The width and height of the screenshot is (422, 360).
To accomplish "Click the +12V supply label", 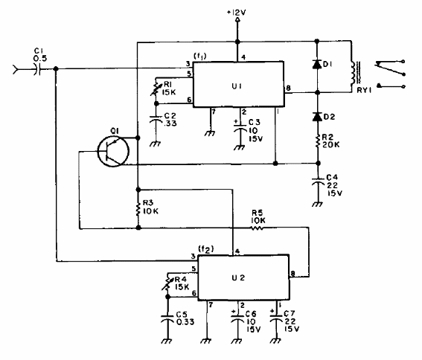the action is tap(236, 13).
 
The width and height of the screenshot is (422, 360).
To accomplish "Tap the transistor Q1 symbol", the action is tap(113, 151).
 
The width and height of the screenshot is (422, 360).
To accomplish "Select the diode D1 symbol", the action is tap(317, 64).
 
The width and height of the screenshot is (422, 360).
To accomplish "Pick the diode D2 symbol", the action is tap(317, 117).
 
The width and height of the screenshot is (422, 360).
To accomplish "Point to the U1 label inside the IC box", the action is tap(237, 86).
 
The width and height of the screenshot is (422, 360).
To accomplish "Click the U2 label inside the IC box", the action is tap(238, 277).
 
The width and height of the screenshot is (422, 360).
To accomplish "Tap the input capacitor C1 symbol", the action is tap(38, 69).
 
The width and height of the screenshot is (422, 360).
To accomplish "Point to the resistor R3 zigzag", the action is tap(138, 209).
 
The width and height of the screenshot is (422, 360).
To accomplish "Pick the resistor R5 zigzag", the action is tap(258, 228).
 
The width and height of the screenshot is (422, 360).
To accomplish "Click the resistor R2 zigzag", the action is tap(318, 141).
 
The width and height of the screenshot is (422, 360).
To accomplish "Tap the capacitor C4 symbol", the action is tap(318, 181).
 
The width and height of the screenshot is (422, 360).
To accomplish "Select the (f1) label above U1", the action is tap(200, 57).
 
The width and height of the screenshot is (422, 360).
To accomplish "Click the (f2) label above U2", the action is tap(206, 250).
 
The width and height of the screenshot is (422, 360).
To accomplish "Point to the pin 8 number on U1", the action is tap(288, 88).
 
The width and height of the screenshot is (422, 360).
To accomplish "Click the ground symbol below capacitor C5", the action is tap(167, 341).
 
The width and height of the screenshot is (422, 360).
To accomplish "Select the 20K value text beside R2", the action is tap(331, 144).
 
